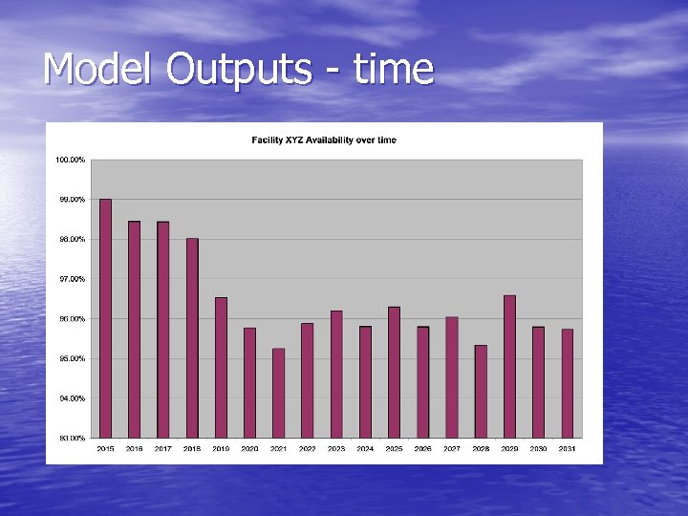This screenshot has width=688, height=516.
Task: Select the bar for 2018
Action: pyautogui.click(x=192, y=338)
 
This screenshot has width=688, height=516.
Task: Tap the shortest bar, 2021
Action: pyautogui.click(x=278, y=393)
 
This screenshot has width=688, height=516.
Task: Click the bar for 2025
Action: pyautogui.click(x=394, y=372)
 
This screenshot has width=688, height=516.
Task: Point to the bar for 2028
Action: pyautogui.click(x=481, y=391)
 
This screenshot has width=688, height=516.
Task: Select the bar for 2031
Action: pyautogui.click(x=567, y=383)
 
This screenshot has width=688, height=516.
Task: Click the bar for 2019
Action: pyautogui.click(x=221, y=368)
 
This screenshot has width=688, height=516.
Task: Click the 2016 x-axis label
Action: pyautogui.click(x=135, y=448)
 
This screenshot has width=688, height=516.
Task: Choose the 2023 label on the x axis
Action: pyautogui.click(x=336, y=448)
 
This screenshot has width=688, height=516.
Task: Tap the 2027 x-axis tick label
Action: pyautogui.click(x=452, y=448)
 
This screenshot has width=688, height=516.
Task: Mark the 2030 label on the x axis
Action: pyautogui.click(x=538, y=448)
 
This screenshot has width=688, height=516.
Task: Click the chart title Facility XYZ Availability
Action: pyautogui.click(x=324, y=140)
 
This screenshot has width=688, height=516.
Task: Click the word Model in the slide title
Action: pyautogui.click(x=99, y=69)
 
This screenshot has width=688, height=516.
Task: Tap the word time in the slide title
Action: pyautogui.click(x=392, y=69)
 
